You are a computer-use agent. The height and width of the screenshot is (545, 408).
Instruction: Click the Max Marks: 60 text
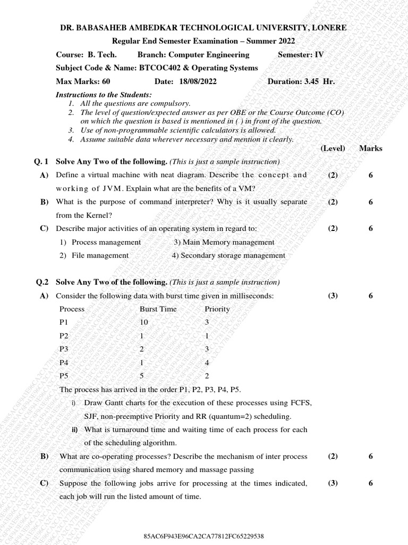pyautogui.click(x=83, y=81)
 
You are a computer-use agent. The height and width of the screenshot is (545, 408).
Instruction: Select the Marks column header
pyautogui.click(x=370, y=148)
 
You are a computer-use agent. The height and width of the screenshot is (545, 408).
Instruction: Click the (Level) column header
pyautogui.click(x=333, y=148)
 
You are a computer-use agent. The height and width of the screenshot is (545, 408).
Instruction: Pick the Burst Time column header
pyautogui.click(x=158, y=309)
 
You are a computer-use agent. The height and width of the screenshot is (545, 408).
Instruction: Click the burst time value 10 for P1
pyautogui.click(x=144, y=322)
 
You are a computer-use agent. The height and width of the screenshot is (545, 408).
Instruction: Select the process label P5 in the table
pyautogui.click(x=64, y=375)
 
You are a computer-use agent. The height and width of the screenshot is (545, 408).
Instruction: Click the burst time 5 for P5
pyautogui.click(x=141, y=375)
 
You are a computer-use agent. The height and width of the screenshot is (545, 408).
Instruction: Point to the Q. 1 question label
pyautogui.click(x=41, y=161)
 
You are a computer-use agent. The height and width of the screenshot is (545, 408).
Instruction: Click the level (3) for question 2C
pyautogui.click(x=333, y=483)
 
